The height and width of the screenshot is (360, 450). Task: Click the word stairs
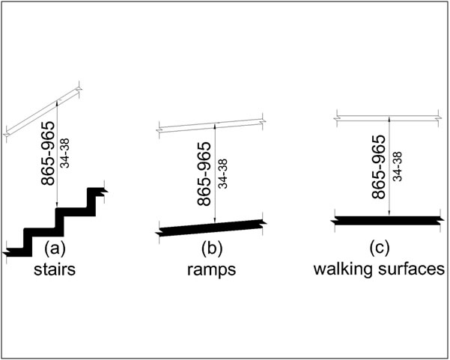point(58,269)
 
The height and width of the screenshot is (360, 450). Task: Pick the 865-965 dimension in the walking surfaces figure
point(380,168)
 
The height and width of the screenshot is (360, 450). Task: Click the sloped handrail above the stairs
point(45,111)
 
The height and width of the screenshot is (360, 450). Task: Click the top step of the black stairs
point(98,192)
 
